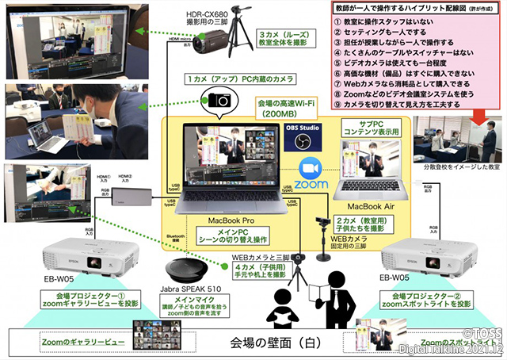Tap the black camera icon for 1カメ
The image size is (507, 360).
click(219, 100)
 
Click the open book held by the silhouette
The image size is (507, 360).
click(326, 286)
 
